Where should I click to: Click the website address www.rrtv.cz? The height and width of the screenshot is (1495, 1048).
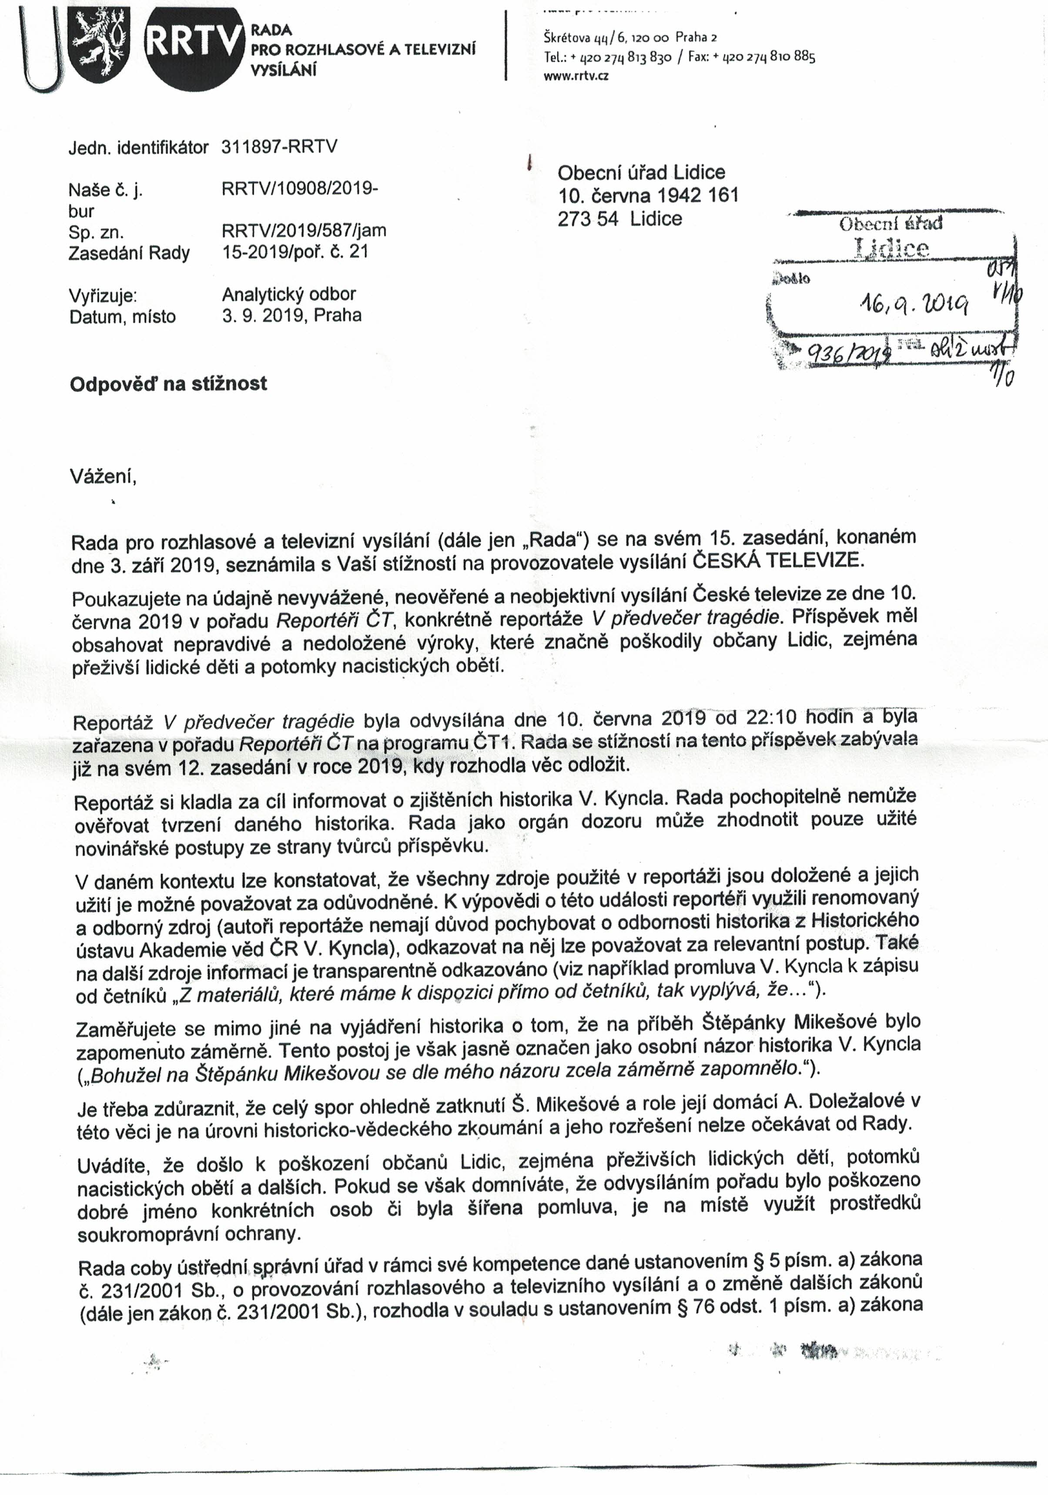tap(576, 76)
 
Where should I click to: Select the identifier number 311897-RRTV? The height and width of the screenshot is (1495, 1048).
tap(279, 147)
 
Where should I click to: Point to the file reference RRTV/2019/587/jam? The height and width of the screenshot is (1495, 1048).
tap(304, 231)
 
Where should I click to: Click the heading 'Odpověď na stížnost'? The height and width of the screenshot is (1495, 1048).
tap(168, 383)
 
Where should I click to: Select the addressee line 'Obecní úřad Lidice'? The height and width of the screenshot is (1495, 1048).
tap(641, 173)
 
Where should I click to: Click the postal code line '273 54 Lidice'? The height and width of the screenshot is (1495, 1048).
tap(619, 219)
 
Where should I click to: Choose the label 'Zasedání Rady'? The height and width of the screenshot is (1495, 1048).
tap(129, 253)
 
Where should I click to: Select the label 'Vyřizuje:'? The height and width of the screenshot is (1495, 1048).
tap(103, 295)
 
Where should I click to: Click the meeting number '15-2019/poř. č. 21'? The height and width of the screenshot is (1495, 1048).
tap(295, 252)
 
